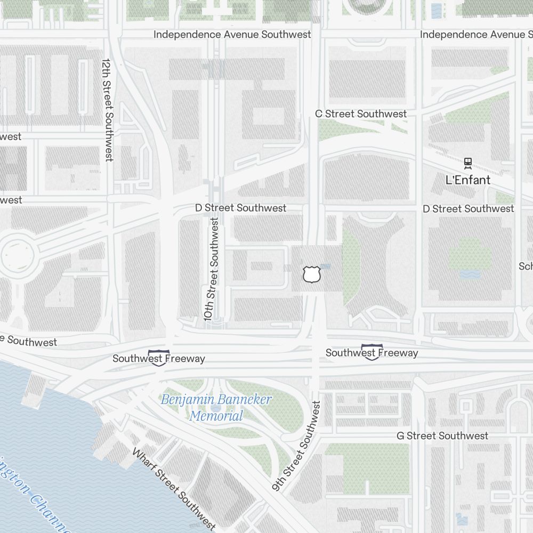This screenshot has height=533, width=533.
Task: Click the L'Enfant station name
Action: coord(467,180)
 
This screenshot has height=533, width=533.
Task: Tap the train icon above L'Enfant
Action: coord(468,163)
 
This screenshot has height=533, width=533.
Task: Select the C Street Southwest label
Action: coord(361,114)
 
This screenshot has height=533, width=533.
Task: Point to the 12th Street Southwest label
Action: coord(108,110)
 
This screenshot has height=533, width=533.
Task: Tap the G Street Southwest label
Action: coord(442,436)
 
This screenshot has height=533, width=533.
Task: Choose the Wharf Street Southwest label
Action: coord(173,489)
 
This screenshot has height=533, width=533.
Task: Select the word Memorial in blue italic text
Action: coord(216,416)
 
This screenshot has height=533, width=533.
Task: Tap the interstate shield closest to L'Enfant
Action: coord(372,352)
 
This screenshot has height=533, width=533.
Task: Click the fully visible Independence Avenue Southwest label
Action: coord(232,35)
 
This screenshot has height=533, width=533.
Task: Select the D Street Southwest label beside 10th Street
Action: coord(240,208)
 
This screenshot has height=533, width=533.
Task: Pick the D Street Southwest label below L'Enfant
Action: coord(468,209)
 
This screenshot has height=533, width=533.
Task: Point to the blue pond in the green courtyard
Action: coord(469,274)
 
